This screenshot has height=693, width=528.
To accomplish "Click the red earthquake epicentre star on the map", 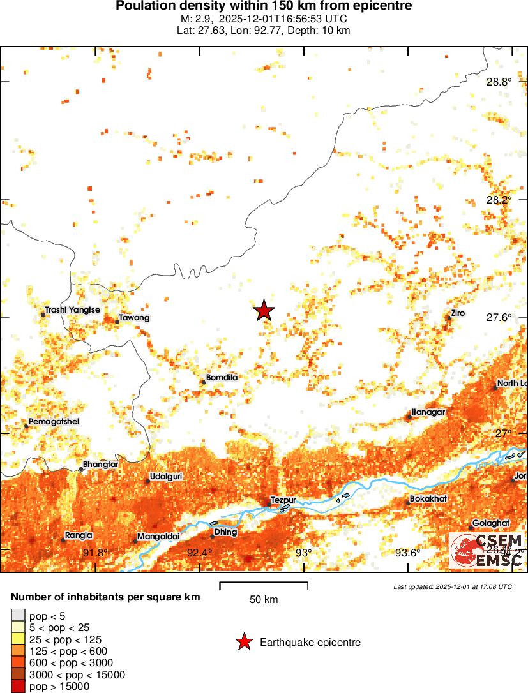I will point(264,311).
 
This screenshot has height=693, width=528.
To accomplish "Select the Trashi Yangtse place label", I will point(72,310).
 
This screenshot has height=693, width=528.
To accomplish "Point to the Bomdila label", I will point(222,378).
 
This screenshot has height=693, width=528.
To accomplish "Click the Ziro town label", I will point(458,314).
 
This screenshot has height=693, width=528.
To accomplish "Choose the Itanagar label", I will point(428,412).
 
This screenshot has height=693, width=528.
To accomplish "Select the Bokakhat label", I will point(428,498).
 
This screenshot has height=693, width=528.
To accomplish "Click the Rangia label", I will point(79,535).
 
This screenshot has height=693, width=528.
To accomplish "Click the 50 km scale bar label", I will point(264,600).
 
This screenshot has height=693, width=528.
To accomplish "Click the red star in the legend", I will point(243,643).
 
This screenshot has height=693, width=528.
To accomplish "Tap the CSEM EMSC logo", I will point(487,551).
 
